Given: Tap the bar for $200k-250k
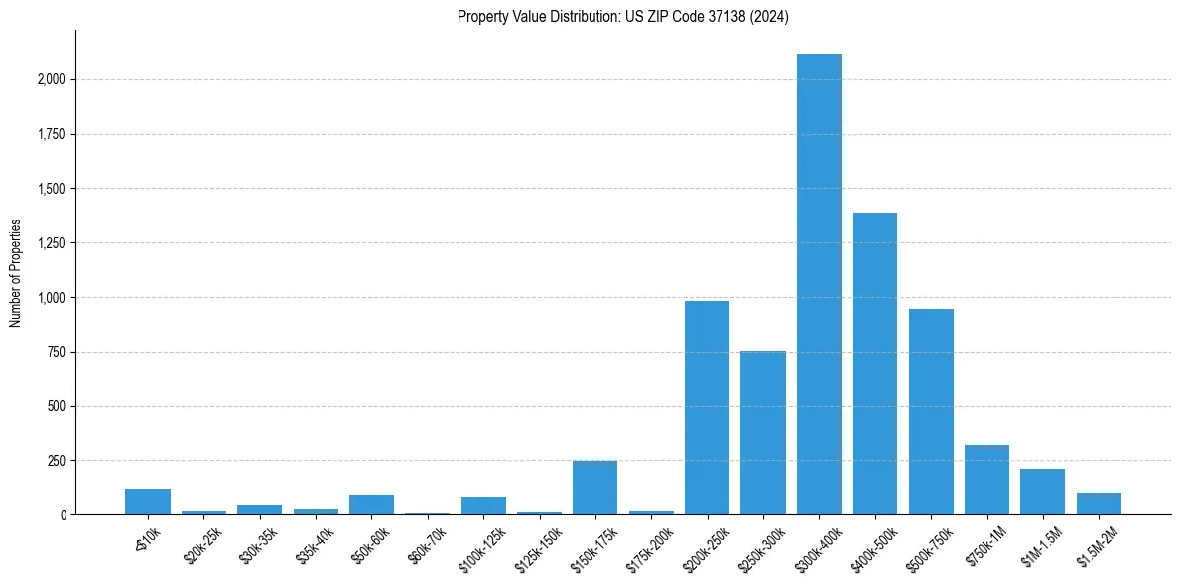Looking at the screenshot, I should (707, 407).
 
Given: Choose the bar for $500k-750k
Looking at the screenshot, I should (931, 411).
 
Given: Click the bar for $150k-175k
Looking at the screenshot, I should (594, 488).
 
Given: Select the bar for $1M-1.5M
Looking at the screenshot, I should (1042, 492).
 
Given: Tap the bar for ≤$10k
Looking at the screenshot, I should (148, 502).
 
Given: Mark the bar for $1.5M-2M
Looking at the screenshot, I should (1099, 504).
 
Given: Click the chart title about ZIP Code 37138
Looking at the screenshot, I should (622, 17).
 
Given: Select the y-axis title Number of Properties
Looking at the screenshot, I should (16, 273).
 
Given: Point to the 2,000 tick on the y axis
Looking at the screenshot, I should (50, 79).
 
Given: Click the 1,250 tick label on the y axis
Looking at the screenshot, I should (50, 243).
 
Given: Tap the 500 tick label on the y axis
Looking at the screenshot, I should (56, 406).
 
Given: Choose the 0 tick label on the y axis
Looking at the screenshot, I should (63, 515).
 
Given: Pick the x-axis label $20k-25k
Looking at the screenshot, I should (204, 545).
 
